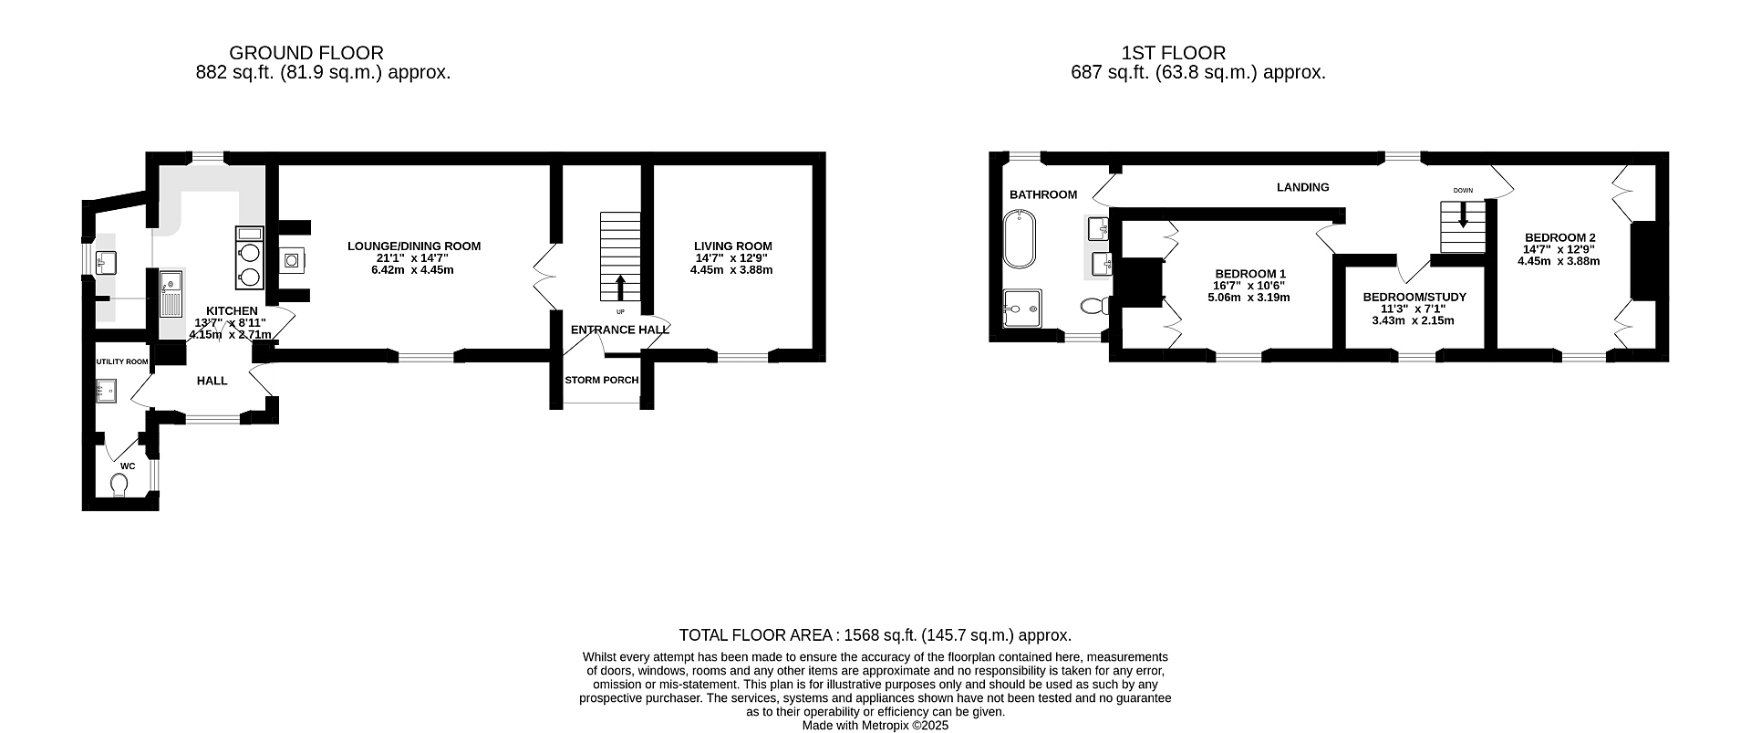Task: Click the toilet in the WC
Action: point(119,484)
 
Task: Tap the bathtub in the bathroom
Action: point(1016,239)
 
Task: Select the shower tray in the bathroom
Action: point(1021,308)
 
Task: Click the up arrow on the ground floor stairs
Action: point(620,288)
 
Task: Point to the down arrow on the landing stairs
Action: point(1463,215)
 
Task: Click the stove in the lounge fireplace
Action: point(292,261)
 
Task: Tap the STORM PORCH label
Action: point(601,380)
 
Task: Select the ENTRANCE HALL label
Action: point(620,330)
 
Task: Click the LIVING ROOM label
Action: point(732,246)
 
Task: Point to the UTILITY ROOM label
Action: point(122,361)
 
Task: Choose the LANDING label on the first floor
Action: point(1302,187)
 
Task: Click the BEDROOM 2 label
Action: point(1559,237)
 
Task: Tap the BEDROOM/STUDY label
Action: point(1414,298)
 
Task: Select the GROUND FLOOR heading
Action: point(306,53)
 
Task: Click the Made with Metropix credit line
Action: point(875,726)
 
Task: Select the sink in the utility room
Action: point(107,392)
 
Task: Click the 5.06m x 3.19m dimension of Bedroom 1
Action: point(1248,298)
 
